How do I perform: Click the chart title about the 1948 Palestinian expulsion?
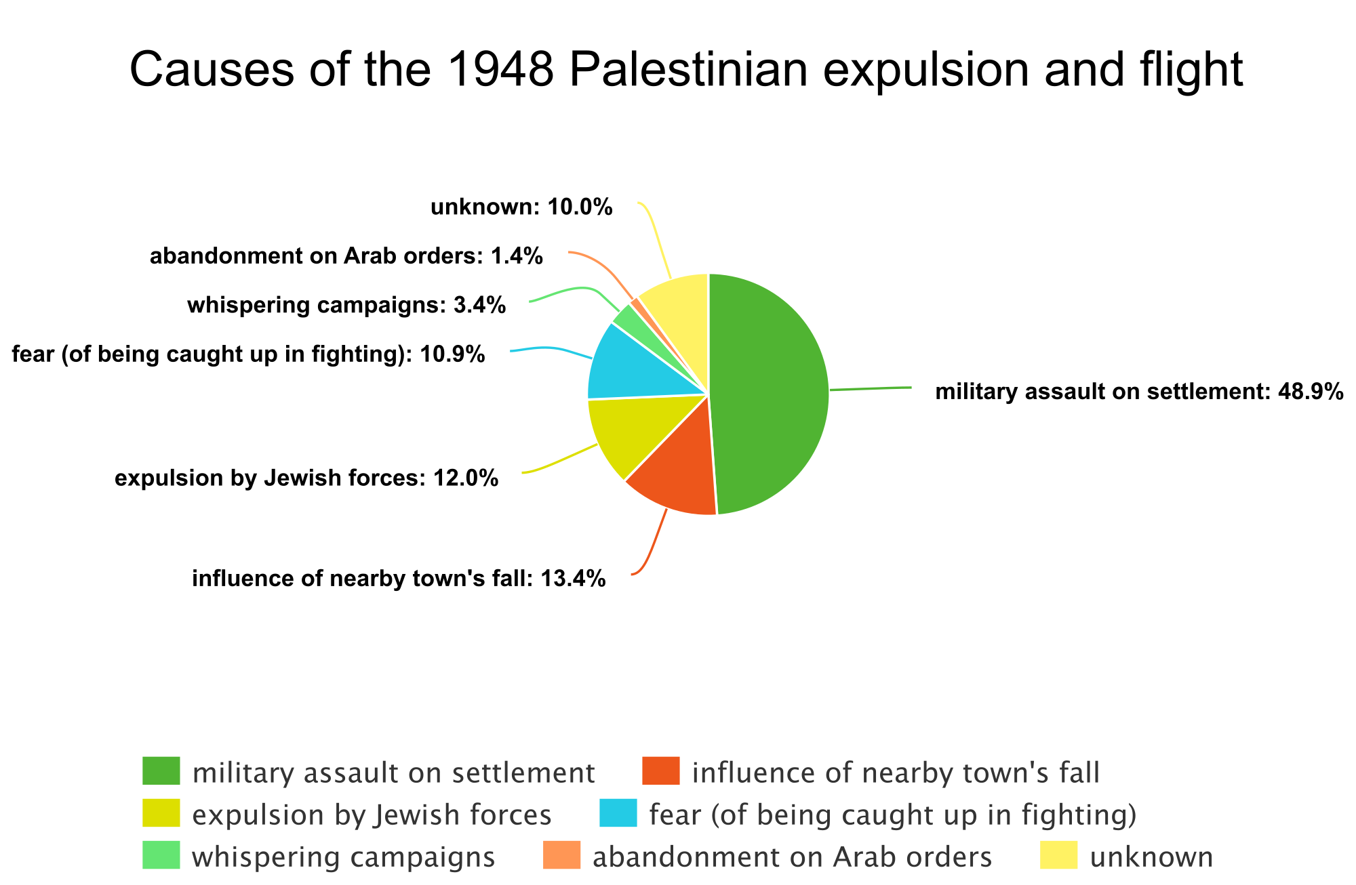pyautogui.click(x=686, y=70)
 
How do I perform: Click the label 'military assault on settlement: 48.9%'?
pyautogui.click(x=1139, y=392)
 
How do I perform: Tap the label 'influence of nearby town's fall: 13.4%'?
pyautogui.click(x=399, y=579)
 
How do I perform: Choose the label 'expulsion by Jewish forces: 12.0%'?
pyautogui.click(x=306, y=478)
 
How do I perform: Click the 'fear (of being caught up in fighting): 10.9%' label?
pyautogui.click(x=248, y=354)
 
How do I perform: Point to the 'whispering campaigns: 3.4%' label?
pyautogui.click(x=346, y=305)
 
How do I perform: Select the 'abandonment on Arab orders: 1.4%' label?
pyautogui.click(x=346, y=256)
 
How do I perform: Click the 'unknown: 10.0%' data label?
pyautogui.click(x=521, y=207)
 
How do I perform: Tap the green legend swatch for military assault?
pyautogui.click(x=161, y=771)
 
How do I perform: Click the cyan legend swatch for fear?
pyautogui.click(x=618, y=813)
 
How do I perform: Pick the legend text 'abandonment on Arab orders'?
pyautogui.click(x=792, y=857)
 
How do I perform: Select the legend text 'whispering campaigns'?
pyautogui.click(x=344, y=857)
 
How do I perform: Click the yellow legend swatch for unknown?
pyautogui.click(x=1059, y=855)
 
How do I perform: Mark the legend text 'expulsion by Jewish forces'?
pyautogui.click(x=372, y=815)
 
